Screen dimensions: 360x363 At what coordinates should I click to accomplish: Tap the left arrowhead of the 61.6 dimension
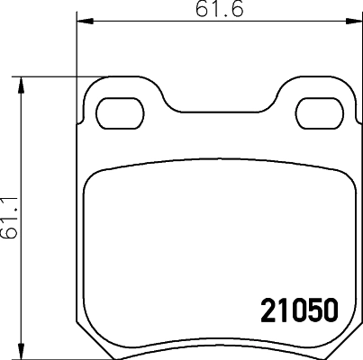point(80,21)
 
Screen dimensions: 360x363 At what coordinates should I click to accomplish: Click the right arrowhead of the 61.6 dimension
point(352,21)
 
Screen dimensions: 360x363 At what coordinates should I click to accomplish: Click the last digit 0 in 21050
point(329,310)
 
